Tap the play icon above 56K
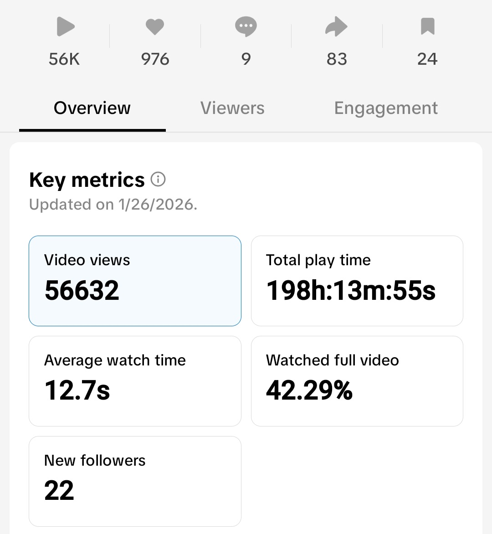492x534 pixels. click(x=65, y=26)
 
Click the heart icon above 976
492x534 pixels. click(x=155, y=26)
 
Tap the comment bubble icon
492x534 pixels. click(x=246, y=26)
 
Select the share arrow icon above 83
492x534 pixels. click(x=336, y=26)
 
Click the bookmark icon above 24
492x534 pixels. click(x=427, y=26)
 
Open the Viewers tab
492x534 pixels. click(x=232, y=108)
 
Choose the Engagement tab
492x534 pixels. click(x=386, y=108)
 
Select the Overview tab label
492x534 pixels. click(x=92, y=108)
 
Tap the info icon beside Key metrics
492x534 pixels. click(x=158, y=180)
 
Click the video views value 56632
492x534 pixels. click(x=82, y=290)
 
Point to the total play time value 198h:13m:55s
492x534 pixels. click(x=351, y=290)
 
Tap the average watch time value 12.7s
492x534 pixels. click(x=77, y=390)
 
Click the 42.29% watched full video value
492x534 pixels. click(x=309, y=390)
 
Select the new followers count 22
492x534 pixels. click(x=59, y=491)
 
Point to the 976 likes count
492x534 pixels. click(x=155, y=59)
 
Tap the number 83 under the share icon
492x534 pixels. click(x=337, y=59)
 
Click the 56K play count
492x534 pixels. click(x=64, y=59)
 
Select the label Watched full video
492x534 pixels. click(x=333, y=360)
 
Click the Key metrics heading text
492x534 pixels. click(x=87, y=180)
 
